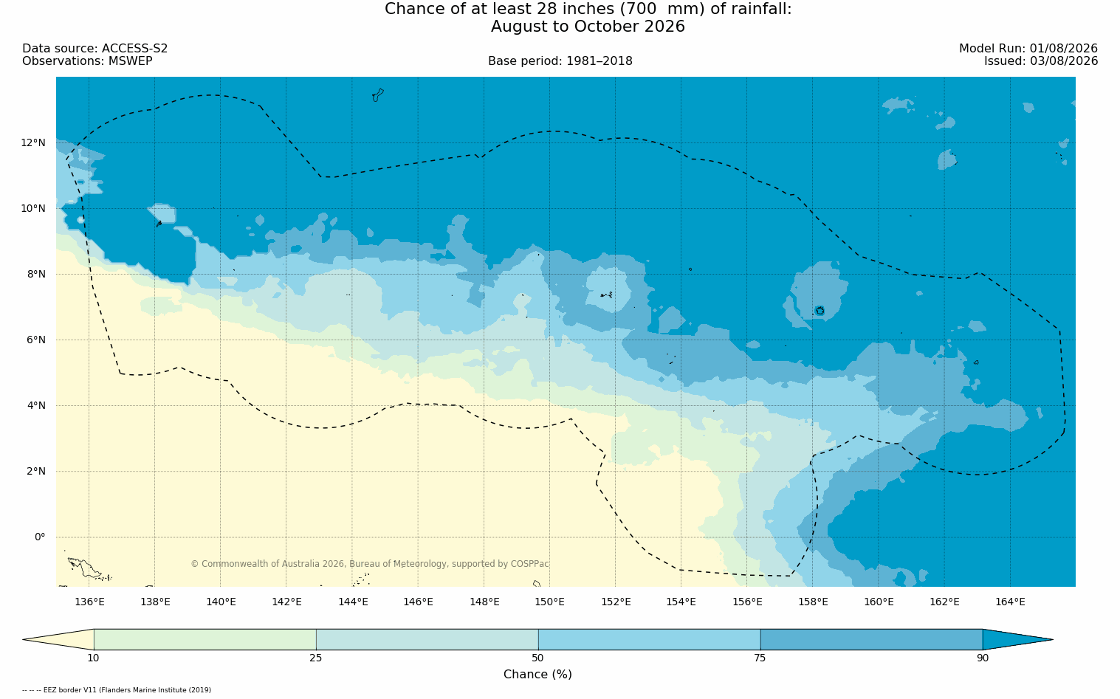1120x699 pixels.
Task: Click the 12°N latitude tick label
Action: tap(33, 143)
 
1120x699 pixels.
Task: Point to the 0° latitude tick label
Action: tap(40, 537)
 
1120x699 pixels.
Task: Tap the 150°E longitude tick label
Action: tap(549, 602)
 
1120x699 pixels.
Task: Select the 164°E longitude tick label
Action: tap(1010, 602)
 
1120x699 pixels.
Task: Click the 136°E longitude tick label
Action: tap(89, 602)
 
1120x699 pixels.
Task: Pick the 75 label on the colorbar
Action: tap(760, 658)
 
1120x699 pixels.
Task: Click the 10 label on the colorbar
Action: tap(94, 658)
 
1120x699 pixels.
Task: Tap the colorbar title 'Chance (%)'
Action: tap(537, 675)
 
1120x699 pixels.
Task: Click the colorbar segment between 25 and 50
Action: tap(427, 639)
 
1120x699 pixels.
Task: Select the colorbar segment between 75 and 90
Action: tap(871, 639)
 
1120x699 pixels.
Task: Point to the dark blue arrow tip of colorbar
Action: tap(1053, 639)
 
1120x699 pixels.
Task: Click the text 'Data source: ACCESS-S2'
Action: tap(95, 49)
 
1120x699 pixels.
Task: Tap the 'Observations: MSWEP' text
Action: tap(87, 61)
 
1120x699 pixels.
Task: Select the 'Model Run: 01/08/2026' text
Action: tap(1028, 49)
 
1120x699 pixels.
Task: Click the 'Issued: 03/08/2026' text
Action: tap(1041, 61)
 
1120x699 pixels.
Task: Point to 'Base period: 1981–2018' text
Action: tap(560, 61)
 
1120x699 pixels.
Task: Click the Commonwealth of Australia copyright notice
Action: tap(370, 563)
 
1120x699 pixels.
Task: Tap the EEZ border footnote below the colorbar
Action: tap(117, 690)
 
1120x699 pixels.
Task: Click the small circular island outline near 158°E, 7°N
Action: tap(820, 311)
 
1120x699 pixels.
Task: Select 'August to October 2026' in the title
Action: tap(588, 27)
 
